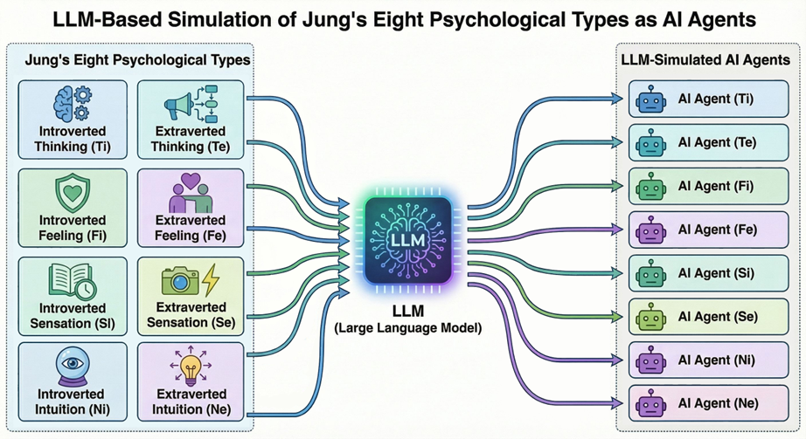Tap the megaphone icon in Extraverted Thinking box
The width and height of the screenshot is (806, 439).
(177, 106)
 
